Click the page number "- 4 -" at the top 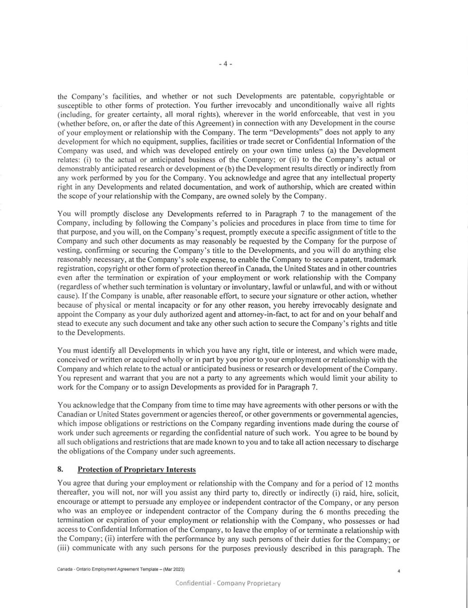[226, 64]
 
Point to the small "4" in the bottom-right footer [399, 571]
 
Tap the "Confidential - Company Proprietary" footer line [228, 583]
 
